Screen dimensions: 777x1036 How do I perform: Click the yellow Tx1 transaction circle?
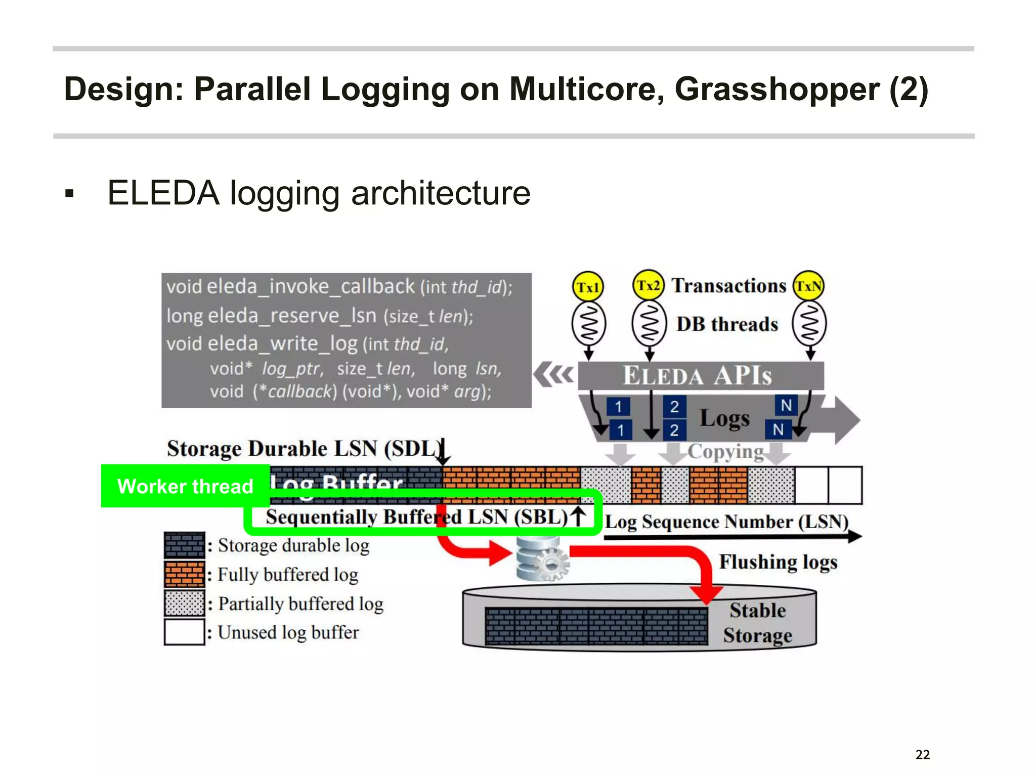pos(588,287)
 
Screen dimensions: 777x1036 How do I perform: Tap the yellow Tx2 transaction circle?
pos(648,285)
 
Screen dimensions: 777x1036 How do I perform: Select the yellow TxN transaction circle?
pos(808,286)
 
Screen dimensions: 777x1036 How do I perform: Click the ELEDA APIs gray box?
pos(700,376)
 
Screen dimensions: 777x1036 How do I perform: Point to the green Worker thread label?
pos(185,486)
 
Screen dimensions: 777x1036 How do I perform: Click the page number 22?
pos(922,755)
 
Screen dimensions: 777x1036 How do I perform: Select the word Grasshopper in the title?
pos(776,90)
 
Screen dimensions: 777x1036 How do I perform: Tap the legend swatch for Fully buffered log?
pos(184,575)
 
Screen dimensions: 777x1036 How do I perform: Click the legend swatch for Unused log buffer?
pos(184,632)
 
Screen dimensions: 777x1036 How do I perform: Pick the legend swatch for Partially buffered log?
pos(184,603)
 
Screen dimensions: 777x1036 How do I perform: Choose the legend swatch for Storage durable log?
pos(184,545)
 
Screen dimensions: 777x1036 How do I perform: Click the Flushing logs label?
pos(778,562)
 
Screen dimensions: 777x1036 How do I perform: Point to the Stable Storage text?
pos(757,623)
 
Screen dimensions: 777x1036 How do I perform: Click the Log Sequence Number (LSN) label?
pos(726,522)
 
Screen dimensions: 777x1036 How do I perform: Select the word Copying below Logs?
pos(725,451)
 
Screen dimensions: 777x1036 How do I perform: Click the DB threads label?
pos(727,324)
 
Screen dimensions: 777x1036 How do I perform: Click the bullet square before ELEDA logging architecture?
pos(70,193)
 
